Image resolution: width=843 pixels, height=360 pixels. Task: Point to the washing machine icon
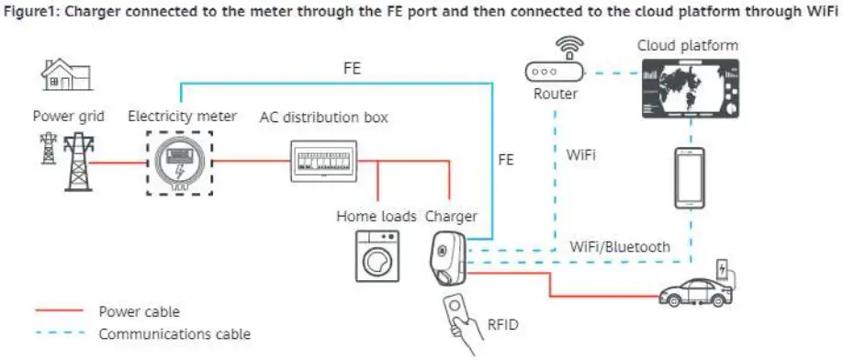pyautogui.click(x=374, y=253)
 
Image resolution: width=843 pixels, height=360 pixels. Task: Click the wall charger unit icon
pyautogui.click(x=447, y=257)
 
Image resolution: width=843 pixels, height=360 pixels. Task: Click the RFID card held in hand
pyautogui.click(x=455, y=311)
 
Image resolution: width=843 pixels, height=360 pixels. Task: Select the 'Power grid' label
pyautogui.click(x=69, y=117)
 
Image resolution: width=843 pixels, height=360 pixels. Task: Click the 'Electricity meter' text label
pyautogui.click(x=182, y=117)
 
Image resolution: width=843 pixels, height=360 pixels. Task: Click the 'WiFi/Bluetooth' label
pyautogui.click(x=619, y=246)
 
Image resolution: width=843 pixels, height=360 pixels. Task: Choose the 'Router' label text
pyautogui.click(x=556, y=94)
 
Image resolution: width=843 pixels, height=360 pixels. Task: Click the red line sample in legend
pyautogui.click(x=61, y=312)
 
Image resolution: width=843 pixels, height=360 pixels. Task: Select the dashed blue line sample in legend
pyautogui.click(x=61, y=334)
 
